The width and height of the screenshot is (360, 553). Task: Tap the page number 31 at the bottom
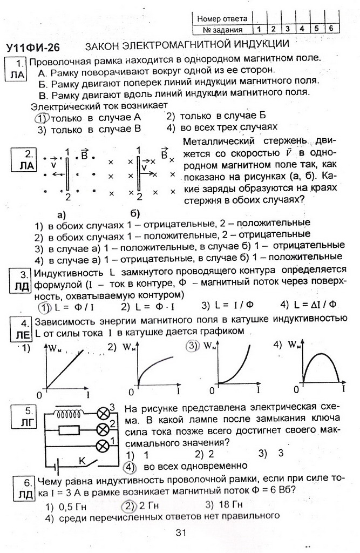click(x=181, y=534)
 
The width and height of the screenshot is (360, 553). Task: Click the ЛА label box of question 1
click(x=17, y=70)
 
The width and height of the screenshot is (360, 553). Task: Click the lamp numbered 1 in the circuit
click(x=103, y=446)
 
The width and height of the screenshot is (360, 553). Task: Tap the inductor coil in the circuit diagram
click(x=67, y=414)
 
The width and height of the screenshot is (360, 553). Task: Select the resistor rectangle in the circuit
click(x=69, y=430)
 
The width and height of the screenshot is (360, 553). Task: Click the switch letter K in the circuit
click(x=83, y=460)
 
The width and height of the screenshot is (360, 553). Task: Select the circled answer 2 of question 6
click(x=127, y=506)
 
